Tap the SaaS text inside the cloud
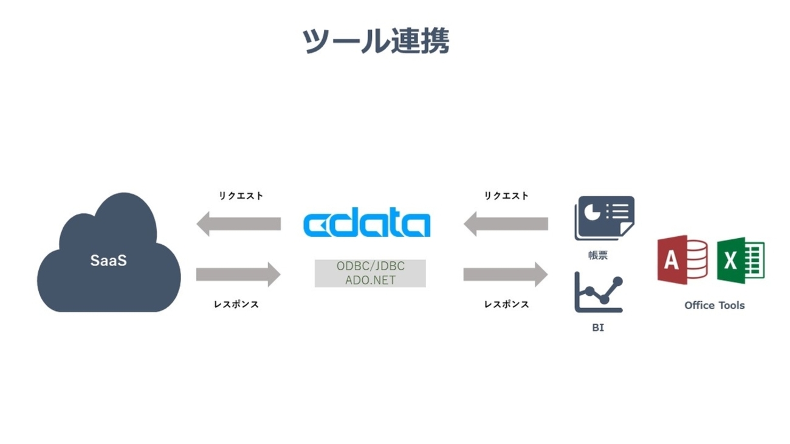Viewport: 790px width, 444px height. coord(109,261)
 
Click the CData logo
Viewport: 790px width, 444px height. coord(366,224)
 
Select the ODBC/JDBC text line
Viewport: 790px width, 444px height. coord(370,267)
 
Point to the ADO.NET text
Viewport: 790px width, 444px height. coord(370,280)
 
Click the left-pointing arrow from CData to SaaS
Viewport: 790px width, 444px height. coord(238,224)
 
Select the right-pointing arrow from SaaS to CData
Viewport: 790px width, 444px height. coord(238,275)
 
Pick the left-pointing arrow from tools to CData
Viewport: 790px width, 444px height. coord(506,224)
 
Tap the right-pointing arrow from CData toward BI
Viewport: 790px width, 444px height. coord(506,275)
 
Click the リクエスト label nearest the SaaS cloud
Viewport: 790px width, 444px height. coord(241,196)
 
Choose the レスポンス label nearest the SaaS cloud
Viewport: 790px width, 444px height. coord(236,304)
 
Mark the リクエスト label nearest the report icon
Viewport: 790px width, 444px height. coord(506,196)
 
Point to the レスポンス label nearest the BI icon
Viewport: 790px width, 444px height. coord(506,304)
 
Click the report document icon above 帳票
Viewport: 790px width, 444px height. coord(603,218)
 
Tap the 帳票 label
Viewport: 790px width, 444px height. coord(598,256)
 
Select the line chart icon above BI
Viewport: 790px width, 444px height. coord(599,292)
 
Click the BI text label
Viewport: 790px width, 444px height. coord(598,328)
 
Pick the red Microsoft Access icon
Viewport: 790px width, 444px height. coord(682,260)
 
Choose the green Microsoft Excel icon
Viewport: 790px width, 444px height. coord(740,261)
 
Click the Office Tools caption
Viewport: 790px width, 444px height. coord(714,306)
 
